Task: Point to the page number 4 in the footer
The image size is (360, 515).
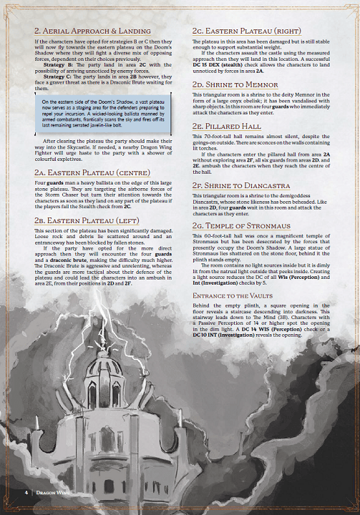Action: point(26,492)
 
